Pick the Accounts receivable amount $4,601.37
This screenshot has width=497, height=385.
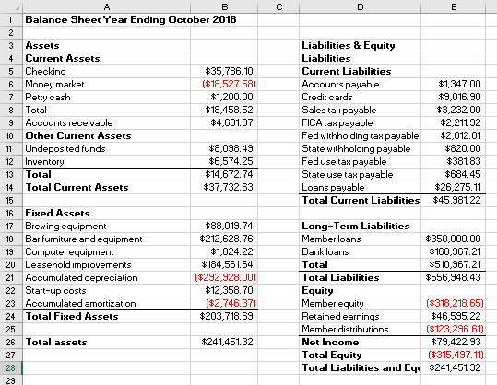(x=232, y=122)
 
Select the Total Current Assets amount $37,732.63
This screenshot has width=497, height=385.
(x=231, y=186)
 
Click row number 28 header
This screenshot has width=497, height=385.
(x=10, y=367)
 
